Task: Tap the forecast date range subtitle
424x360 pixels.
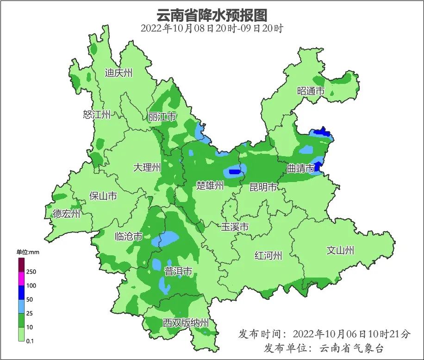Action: [212, 28]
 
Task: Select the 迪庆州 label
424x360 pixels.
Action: [118, 73]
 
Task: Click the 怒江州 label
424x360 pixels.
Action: [97, 114]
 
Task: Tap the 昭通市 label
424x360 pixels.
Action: [311, 91]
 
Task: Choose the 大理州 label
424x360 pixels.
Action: [147, 167]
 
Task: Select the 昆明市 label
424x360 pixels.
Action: [263, 187]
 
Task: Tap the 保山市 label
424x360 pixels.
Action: [103, 196]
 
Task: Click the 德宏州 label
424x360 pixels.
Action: [66, 214]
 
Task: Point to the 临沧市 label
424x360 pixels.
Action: [128, 237]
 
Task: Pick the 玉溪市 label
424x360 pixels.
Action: [235, 227]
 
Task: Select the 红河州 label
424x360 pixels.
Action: [268, 255]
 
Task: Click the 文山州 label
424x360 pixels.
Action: [340, 251]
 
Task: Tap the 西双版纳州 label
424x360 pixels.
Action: [186, 322]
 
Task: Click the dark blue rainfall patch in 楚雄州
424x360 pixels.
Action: [234, 172]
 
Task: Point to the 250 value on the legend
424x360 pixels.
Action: [31, 272]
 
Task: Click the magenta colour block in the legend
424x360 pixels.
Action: [21, 279]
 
